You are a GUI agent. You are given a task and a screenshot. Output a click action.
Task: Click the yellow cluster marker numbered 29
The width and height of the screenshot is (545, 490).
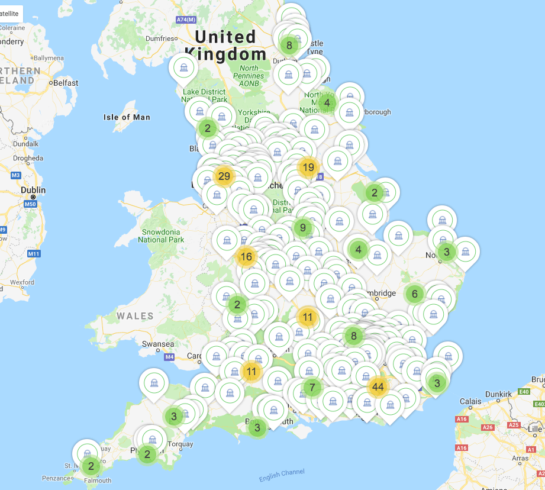[224, 176]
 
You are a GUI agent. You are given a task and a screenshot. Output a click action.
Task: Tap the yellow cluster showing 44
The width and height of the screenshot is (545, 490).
[378, 388]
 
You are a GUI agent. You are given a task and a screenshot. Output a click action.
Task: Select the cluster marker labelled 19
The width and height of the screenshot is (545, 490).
[308, 167]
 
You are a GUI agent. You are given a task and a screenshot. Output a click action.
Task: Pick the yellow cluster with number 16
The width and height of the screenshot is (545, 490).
[246, 257]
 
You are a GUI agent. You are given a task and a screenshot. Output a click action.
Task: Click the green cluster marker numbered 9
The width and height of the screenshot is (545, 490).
[302, 227]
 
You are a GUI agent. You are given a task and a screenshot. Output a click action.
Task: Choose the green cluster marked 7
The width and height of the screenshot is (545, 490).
[312, 388]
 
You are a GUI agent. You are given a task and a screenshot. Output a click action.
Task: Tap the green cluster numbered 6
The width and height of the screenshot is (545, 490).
[414, 294]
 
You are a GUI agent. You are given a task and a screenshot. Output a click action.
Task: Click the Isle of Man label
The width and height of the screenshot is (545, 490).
[127, 117]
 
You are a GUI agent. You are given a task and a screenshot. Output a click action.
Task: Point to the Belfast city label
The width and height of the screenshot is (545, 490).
[65, 83]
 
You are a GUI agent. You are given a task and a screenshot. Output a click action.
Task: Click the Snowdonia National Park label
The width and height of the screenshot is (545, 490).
[161, 236]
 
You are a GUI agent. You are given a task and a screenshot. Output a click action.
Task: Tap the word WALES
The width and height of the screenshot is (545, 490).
[135, 316]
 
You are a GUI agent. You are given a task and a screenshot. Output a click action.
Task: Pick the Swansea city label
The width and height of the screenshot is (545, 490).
[158, 344]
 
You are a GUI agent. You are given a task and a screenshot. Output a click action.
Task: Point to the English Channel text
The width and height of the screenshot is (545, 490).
[282, 475]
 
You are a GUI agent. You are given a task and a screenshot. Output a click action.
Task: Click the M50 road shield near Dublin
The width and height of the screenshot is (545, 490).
[30, 204]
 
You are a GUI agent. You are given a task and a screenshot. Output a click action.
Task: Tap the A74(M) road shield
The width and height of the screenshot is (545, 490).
[186, 20]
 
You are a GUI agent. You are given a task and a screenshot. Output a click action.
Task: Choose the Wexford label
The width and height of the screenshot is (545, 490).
[22, 282]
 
